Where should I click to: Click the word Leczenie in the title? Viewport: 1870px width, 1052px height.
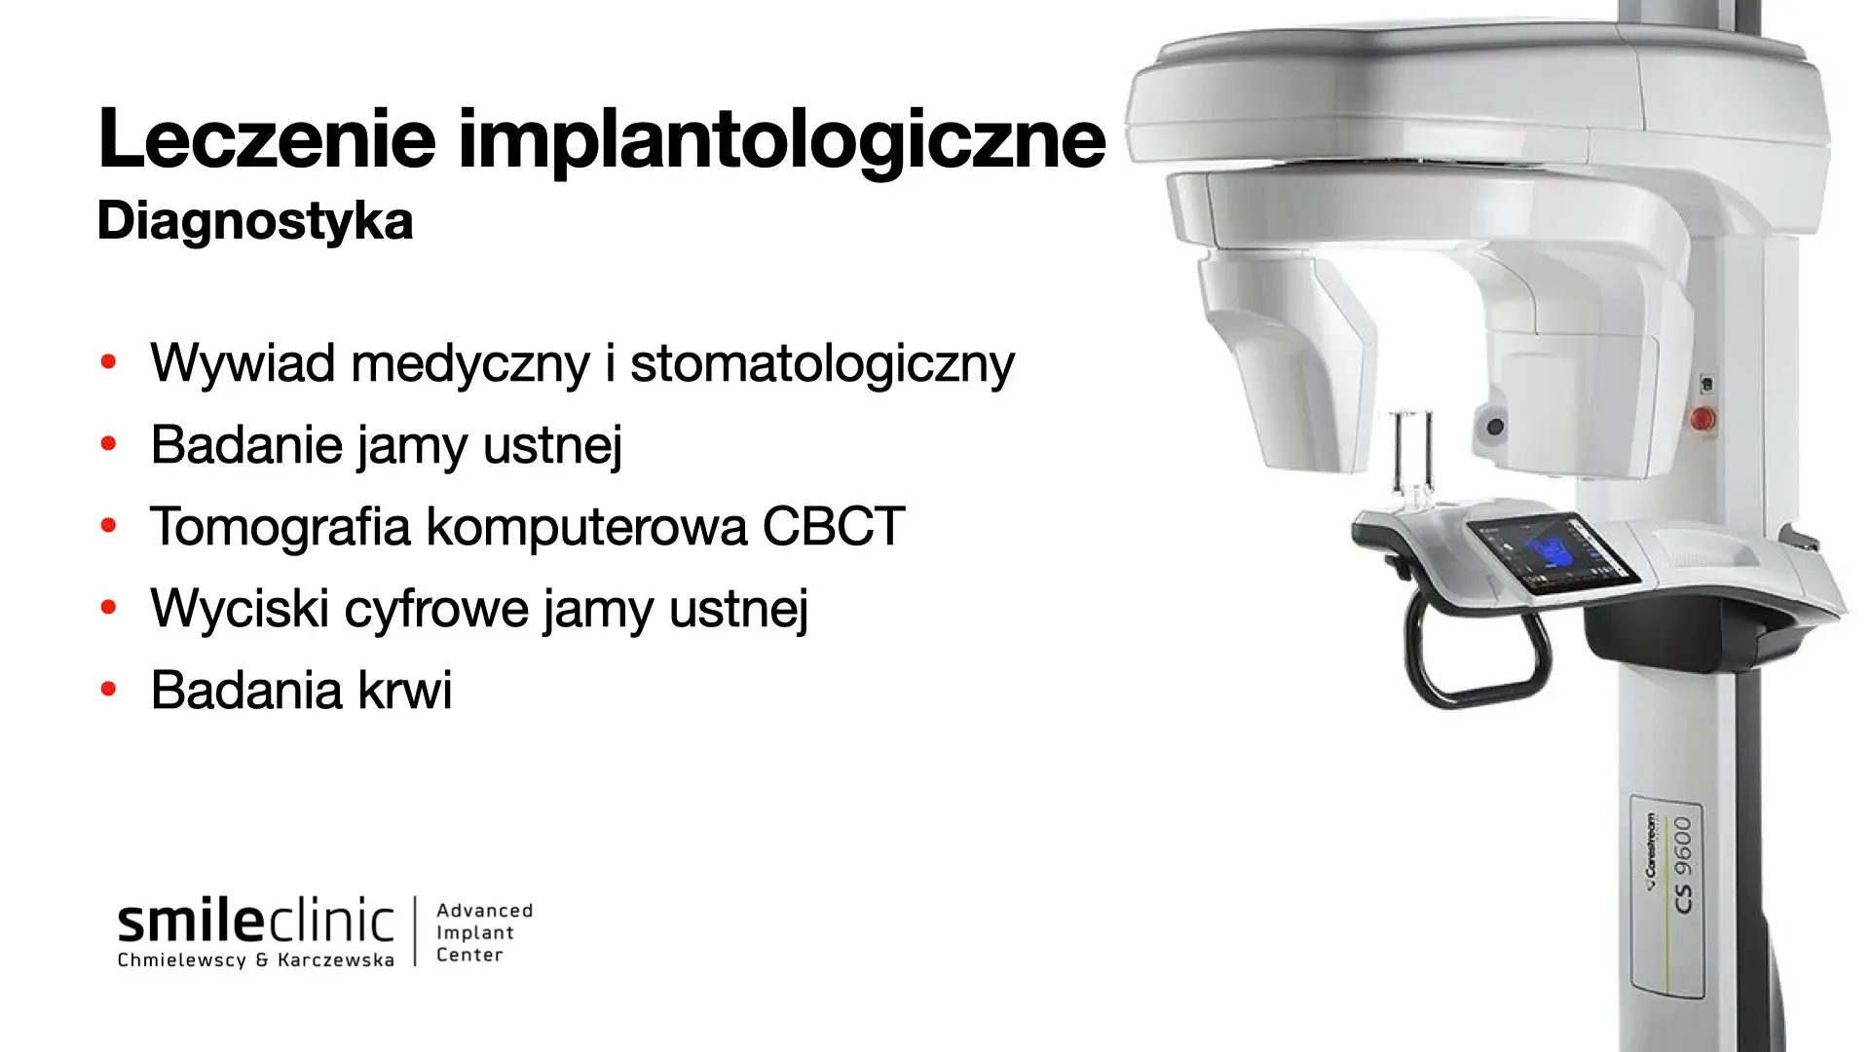[267, 137]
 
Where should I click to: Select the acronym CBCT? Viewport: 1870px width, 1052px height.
[834, 527]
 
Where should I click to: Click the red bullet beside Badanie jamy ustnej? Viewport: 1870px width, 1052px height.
[108, 444]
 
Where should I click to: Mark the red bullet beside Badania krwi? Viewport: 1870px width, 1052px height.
[108, 690]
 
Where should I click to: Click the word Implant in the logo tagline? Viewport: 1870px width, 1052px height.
[474, 932]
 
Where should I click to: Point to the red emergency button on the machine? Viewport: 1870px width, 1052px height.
[1702, 419]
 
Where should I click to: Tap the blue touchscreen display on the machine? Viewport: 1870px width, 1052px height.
[1553, 552]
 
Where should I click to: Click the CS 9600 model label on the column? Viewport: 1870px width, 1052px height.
[1683, 865]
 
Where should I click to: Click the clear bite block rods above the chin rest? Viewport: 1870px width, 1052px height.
[1411, 456]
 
